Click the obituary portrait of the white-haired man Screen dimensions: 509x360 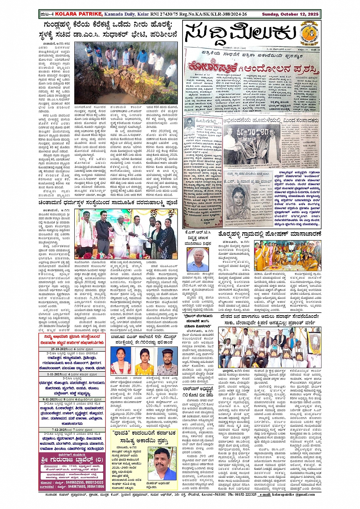click(197, 260)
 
